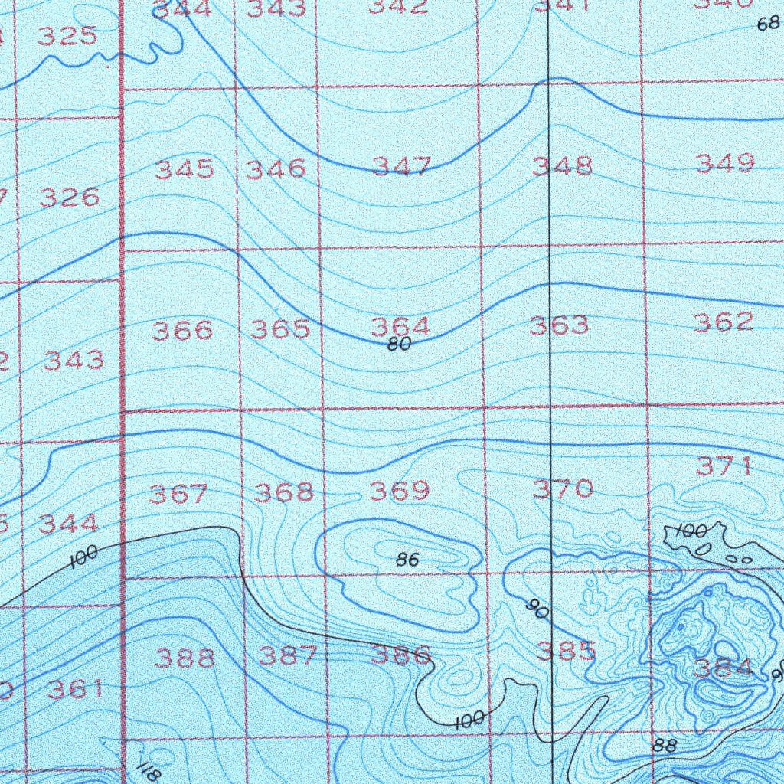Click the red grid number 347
coord(401,165)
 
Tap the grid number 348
coord(563,165)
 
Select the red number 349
coord(725,163)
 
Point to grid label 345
coord(185,169)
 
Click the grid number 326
coord(69,198)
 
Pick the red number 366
coord(182,331)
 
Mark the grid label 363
coord(560,325)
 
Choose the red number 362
coord(724,322)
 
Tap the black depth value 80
coord(399,345)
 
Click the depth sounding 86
coord(408,560)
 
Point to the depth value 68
coord(767,24)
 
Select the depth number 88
coord(665,745)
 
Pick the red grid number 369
coord(400,491)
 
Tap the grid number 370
coord(563,488)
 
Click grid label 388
coord(185,658)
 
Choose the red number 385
coord(566,652)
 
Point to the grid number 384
coord(724,669)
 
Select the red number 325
coord(67,37)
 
